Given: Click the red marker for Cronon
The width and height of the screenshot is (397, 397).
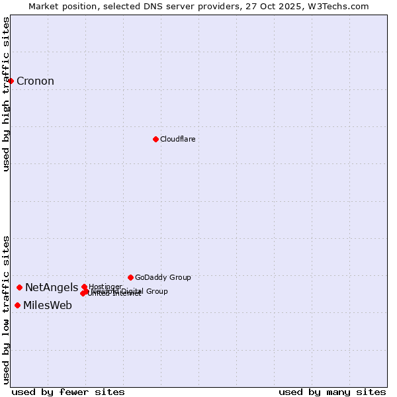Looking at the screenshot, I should pos(11,81).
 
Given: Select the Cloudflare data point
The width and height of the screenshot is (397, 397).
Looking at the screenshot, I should pos(155,139).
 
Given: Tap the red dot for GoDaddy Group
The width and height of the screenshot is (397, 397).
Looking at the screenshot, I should pos(130,277).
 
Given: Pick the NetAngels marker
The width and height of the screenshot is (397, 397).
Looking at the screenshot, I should pos(20,287).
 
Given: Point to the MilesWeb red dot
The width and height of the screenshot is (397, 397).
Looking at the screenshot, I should pos(17,305).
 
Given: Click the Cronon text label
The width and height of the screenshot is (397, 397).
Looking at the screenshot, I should pos(35,81).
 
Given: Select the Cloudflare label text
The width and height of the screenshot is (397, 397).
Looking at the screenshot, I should pos(177,139).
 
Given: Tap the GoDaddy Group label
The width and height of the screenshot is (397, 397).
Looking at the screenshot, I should pos(163,277).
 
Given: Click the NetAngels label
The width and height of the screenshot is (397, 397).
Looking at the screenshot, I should pos(52,287).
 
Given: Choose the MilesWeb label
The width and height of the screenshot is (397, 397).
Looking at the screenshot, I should pos(48,305).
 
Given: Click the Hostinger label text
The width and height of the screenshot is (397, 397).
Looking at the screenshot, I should pos(105,287).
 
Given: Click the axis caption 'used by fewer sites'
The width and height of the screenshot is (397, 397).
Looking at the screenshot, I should pos(68,392).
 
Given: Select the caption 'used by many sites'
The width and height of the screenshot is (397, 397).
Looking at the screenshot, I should pos(332,392).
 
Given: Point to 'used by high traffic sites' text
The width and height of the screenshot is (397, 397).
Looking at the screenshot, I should pos(6,94).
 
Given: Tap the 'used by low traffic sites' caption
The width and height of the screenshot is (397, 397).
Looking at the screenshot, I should pos(6,310).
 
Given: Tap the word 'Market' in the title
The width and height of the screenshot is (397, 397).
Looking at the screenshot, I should pos(44,6).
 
